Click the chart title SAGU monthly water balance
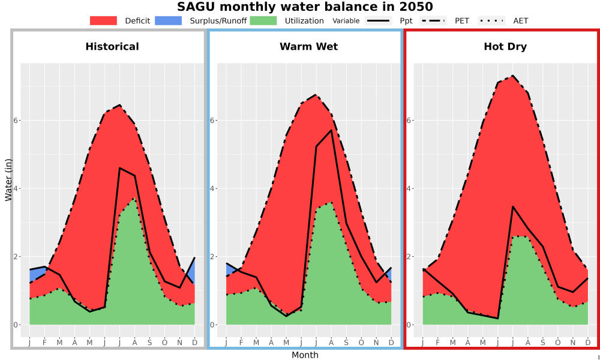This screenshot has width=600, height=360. pyautogui.click(x=305, y=7)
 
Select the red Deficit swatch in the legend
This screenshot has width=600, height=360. pyautogui.click(x=103, y=20)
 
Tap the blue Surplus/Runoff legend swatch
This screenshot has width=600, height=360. pyautogui.click(x=169, y=20)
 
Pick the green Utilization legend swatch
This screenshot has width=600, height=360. pyautogui.click(x=263, y=20)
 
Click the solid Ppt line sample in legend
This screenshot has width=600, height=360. pyautogui.click(x=377, y=20)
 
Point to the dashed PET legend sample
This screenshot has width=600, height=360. pyautogui.click(x=433, y=20)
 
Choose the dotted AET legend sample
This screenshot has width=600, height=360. pyautogui.click(x=491, y=20)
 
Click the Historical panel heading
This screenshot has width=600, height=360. pyautogui.click(x=112, y=47)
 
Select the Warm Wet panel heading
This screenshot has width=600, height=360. pyautogui.click(x=309, y=47)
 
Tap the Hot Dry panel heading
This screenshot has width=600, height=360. pyautogui.click(x=505, y=47)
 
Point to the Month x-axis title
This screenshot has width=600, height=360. pyautogui.click(x=305, y=355)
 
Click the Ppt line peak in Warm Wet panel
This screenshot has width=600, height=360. pyautogui.click(x=331, y=130)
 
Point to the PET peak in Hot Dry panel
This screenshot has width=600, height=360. pyautogui.click(x=512, y=76)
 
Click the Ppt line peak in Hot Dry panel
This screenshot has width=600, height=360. pyautogui.click(x=512, y=206)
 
